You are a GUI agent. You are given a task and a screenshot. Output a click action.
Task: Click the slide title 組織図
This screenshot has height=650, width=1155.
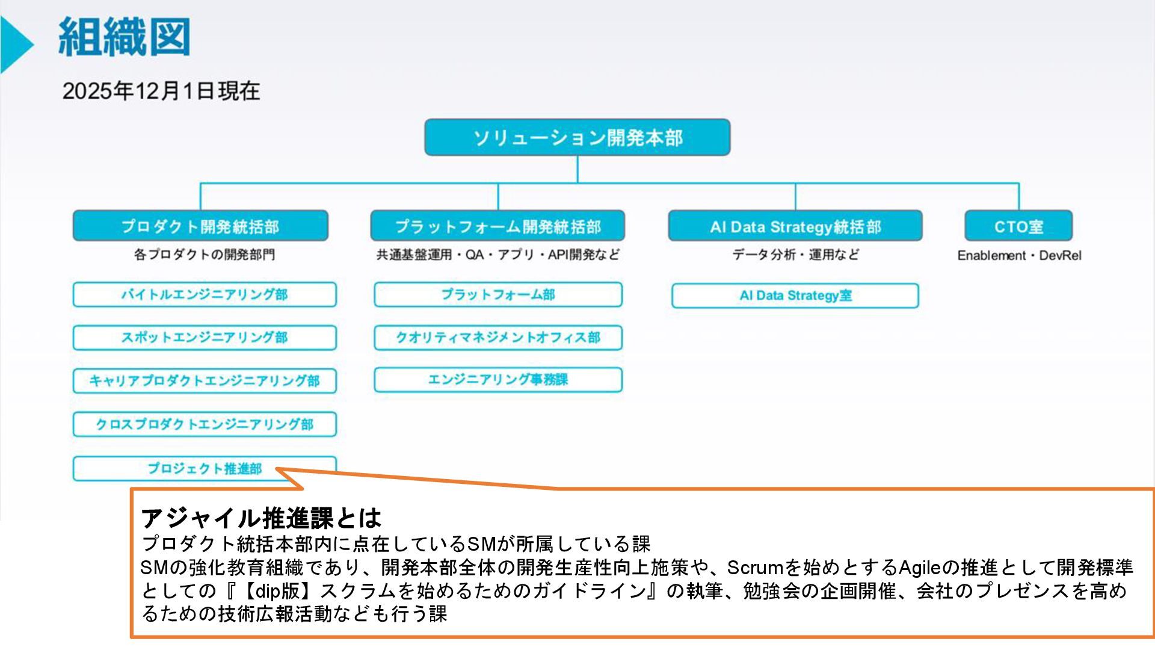(125, 37)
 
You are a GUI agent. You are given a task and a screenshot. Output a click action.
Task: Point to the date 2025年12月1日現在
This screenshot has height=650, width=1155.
(161, 91)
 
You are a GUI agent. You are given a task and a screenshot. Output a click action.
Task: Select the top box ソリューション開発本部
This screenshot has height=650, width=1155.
(577, 137)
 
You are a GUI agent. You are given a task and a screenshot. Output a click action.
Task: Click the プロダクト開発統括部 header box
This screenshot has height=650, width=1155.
(200, 226)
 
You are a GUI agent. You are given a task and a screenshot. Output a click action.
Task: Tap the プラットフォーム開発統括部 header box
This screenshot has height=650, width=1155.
(497, 226)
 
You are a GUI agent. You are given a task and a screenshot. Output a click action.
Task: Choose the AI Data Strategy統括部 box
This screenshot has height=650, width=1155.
(795, 226)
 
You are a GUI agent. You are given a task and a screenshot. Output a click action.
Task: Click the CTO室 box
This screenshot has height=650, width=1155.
(1018, 226)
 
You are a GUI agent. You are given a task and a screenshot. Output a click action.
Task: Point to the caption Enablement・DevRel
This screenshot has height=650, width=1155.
(1019, 255)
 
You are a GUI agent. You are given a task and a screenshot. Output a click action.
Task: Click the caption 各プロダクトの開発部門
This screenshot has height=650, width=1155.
(205, 255)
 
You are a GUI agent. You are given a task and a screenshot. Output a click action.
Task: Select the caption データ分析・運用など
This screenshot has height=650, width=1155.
(795, 255)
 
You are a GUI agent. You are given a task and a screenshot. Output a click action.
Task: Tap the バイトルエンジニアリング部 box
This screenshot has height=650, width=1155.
(205, 294)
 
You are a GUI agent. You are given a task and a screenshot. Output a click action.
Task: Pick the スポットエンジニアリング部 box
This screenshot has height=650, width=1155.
(205, 338)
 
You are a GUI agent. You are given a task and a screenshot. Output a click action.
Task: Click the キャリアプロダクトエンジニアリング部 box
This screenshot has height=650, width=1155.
(205, 381)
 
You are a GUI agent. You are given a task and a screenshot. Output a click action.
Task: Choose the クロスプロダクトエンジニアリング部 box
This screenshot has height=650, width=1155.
(205, 424)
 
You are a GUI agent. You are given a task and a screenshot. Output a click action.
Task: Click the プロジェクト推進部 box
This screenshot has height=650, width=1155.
(205, 468)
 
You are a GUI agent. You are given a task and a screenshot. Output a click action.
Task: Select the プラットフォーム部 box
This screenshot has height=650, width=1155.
(498, 294)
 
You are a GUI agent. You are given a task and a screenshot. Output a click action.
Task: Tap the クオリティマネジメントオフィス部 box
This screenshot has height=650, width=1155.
(498, 338)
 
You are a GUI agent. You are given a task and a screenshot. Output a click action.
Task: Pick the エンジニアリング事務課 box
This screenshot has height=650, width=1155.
(498, 380)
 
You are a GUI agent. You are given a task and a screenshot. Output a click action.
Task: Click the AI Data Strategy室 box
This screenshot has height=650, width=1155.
(795, 296)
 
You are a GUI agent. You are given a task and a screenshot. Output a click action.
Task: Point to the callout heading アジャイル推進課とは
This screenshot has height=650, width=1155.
(261, 518)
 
